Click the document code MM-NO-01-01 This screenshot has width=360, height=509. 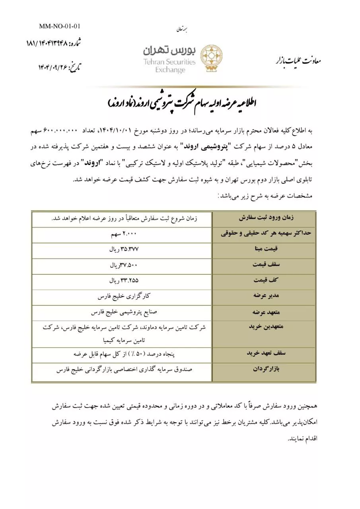(x=60, y=27)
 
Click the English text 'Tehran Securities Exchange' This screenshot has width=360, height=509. (x=170, y=66)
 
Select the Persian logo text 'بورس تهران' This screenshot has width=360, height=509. (x=169, y=51)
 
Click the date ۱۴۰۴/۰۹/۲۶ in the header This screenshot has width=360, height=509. (x=59, y=67)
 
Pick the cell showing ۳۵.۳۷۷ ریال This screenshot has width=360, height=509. (x=124, y=250)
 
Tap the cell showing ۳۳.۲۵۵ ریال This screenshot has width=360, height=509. (x=124, y=281)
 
